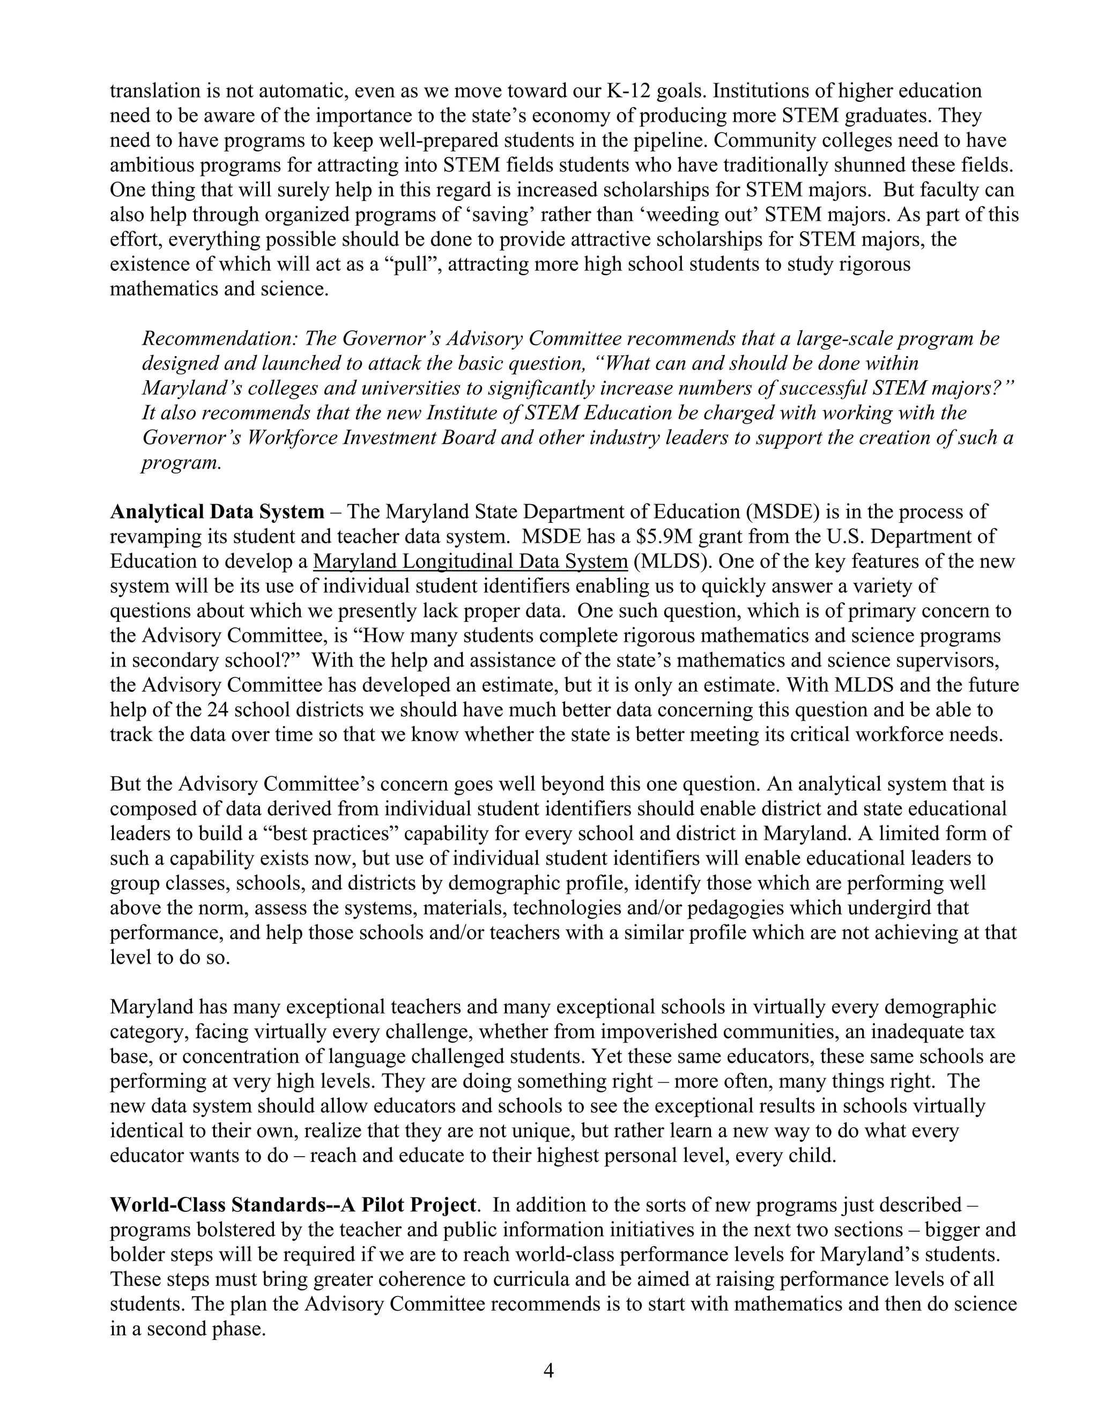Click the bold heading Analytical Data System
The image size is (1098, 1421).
pos(217,512)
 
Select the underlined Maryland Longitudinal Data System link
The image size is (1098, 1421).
pos(470,561)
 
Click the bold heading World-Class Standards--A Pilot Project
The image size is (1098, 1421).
pos(294,1205)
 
